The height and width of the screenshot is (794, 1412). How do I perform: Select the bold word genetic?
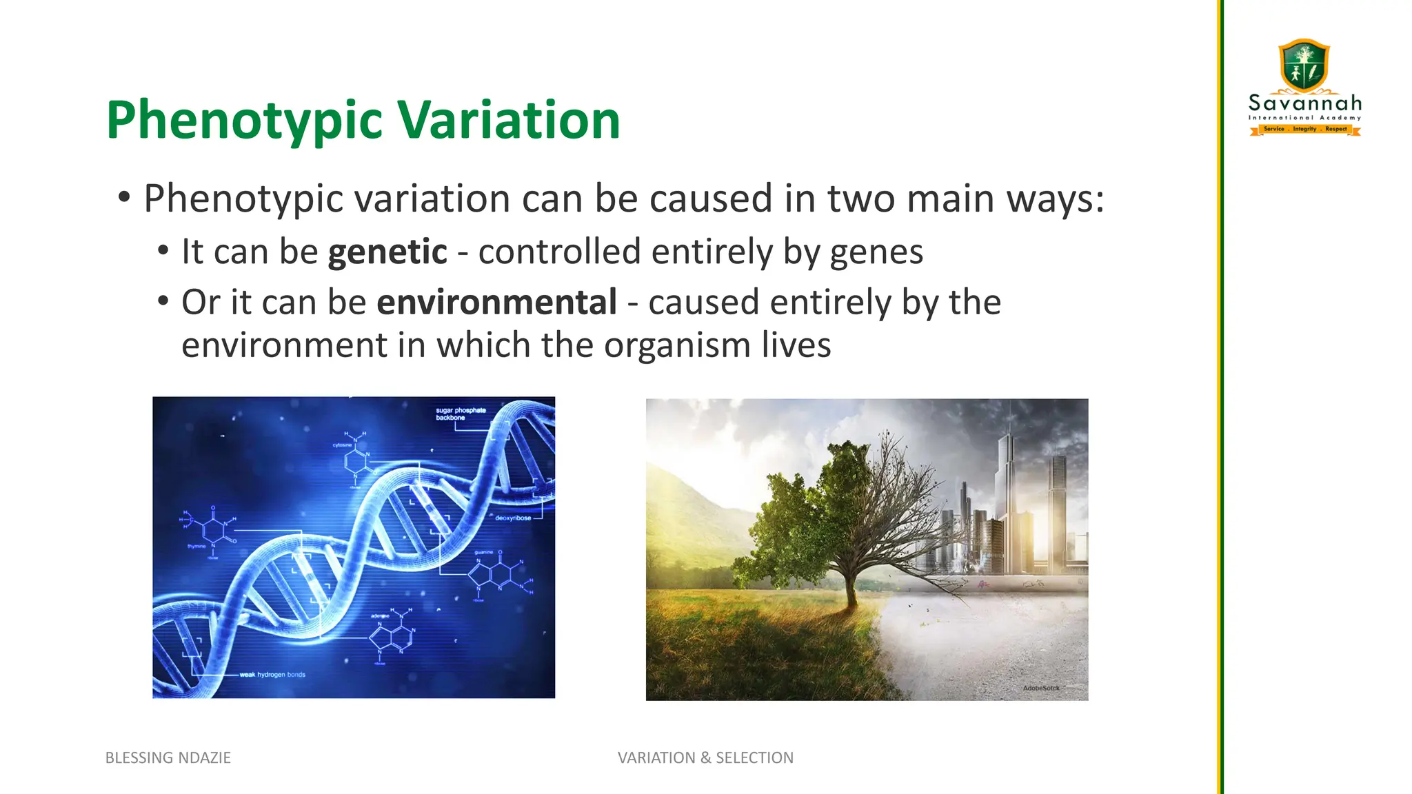tap(387, 252)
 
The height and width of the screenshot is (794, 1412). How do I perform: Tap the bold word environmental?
tap(496, 303)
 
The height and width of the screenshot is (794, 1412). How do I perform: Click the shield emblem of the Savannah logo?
tap(1304, 65)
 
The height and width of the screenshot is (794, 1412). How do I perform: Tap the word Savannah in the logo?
tap(1305, 103)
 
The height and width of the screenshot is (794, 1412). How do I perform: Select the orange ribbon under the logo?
tap(1305, 129)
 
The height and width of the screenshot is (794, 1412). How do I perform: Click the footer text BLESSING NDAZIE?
tap(168, 757)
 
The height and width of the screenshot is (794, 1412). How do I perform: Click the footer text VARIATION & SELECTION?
tap(705, 757)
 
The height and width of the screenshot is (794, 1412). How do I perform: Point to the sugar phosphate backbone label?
tap(461, 414)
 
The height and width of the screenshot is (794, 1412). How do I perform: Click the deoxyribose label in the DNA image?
tap(513, 518)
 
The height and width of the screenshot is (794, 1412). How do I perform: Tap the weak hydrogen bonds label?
tap(272, 675)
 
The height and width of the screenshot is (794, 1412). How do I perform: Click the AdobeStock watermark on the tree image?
tap(1040, 688)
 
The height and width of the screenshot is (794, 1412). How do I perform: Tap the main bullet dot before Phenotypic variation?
tap(124, 198)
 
